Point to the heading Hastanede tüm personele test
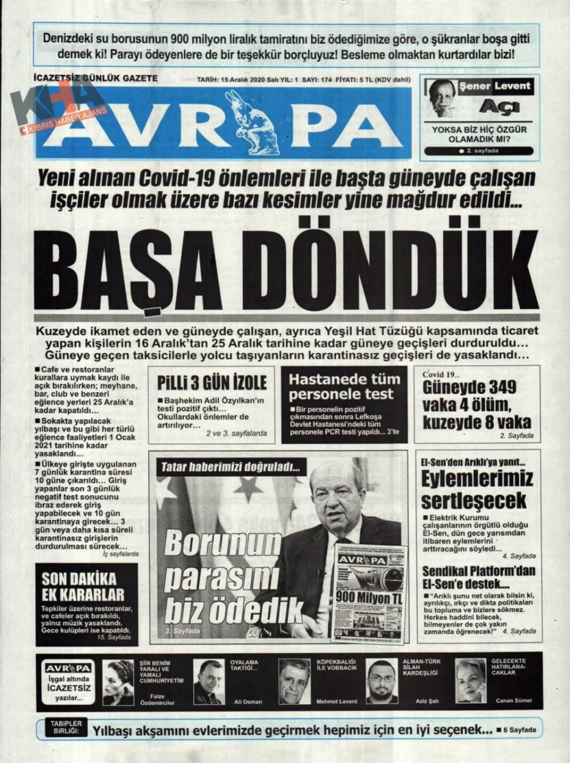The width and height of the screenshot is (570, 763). click(344, 386)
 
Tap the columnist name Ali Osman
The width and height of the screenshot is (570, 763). click(248, 701)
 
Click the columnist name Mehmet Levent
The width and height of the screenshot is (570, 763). click(337, 701)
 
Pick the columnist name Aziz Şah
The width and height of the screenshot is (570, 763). click(427, 701)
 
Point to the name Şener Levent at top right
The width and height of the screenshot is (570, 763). click(495, 87)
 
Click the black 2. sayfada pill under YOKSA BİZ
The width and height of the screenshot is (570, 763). click(479, 151)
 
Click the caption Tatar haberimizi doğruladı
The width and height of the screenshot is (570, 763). click(230, 467)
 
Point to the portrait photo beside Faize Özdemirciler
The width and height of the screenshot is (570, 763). click(117, 682)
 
